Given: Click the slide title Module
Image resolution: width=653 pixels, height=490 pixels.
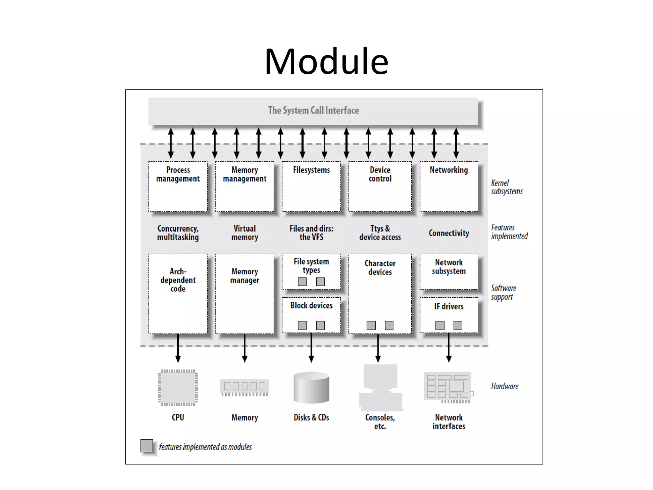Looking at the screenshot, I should (x=326, y=61).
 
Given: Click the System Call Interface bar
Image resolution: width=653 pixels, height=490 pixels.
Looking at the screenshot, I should (x=313, y=111).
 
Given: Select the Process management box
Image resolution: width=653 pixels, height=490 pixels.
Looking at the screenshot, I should (x=178, y=186).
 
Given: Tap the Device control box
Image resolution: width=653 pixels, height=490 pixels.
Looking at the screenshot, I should (x=380, y=186).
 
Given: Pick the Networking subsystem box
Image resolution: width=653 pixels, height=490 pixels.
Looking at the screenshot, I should (x=449, y=186).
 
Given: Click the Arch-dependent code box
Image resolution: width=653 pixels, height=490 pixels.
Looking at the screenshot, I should (x=178, y=293).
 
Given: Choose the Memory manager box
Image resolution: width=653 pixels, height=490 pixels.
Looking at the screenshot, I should (x=245, y=293).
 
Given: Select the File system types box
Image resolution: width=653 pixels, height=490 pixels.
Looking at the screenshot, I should (x=311, y=271).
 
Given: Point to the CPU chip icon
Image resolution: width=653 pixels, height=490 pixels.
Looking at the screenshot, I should (x=178, y=388).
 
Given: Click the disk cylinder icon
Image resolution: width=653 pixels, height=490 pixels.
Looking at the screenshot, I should (x=311, y=387).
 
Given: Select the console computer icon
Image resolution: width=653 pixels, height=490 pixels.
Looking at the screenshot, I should (x=380, y=387).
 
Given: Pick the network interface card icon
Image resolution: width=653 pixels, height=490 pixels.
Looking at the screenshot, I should (x=448, y=387).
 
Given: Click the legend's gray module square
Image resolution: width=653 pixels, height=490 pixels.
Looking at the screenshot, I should (x=147, y=446).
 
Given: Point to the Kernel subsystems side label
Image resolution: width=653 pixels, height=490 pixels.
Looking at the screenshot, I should (x=507, y=187).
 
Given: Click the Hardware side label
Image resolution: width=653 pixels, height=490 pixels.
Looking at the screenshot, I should (x=504, y=386).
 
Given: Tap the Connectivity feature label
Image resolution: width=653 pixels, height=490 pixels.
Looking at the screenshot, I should (x=449, y=233).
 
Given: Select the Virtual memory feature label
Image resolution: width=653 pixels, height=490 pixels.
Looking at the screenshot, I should (x=245, y=233).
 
